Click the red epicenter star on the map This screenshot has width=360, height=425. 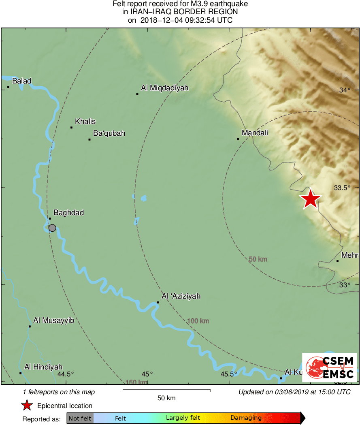point(310,199)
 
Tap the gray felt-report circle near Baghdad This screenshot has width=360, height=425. point(52,228)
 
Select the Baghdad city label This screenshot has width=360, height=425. point(68,213)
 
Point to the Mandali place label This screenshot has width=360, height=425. point(255,133)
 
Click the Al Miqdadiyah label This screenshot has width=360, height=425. point(164,88)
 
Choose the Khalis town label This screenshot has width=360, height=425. point(85,122)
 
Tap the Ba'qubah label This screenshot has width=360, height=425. point(109,133)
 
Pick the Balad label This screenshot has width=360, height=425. point(21,81)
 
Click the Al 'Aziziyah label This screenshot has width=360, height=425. point(181,297)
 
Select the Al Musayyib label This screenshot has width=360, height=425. point(53,320)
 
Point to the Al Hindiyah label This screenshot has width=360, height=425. point(43,367)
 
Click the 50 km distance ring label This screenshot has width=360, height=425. point(258,259)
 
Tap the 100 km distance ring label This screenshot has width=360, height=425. point(198,321)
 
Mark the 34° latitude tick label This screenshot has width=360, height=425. point(345,90)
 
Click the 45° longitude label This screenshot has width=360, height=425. point(147,374)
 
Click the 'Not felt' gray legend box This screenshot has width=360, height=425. point(80,418)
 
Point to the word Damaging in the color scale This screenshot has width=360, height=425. point(246,418)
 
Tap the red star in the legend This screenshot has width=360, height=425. point(27,406)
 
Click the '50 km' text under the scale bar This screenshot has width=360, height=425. point(166,398)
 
